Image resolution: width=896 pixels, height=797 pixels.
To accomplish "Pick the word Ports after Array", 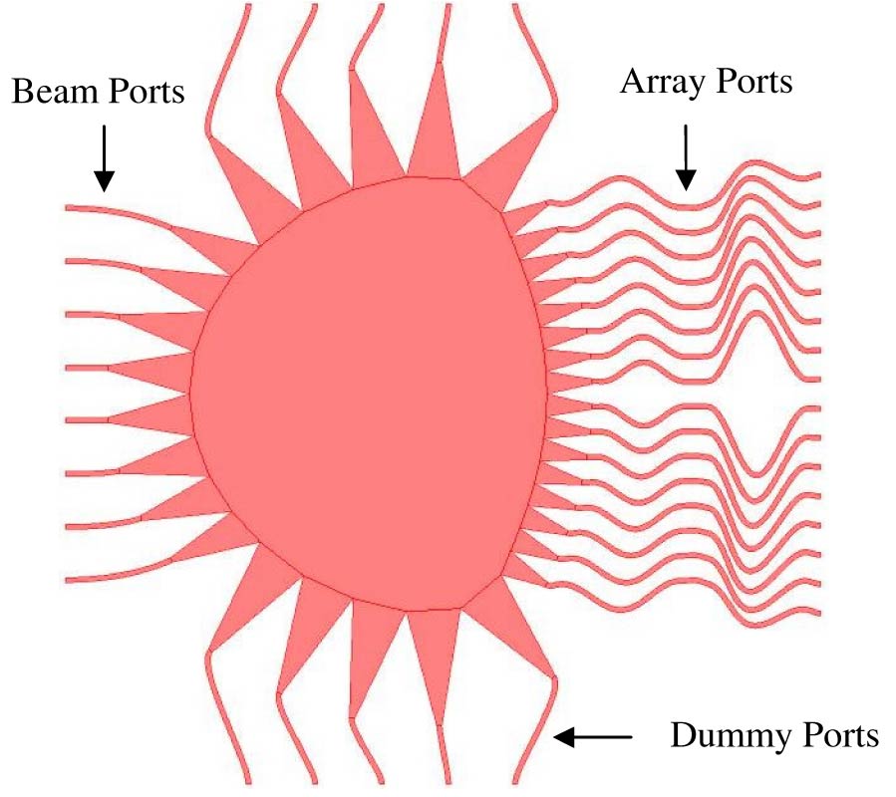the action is pos(753,82).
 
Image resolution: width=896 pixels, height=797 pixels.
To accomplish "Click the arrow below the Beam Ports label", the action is pos(104,158).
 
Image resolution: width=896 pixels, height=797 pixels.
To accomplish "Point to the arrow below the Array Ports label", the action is pos(686,156).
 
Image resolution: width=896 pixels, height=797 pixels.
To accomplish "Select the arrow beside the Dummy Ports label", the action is pos(593,737).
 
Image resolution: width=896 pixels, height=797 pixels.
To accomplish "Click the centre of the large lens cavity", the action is pos(369,395).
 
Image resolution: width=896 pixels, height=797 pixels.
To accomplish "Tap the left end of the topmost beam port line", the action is pos(67,208).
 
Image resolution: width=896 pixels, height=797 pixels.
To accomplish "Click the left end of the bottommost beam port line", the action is pos(67,581).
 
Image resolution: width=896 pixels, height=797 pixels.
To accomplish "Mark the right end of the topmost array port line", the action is pos(819,174).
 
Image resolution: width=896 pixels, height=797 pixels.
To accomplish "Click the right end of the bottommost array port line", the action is pos(819,613).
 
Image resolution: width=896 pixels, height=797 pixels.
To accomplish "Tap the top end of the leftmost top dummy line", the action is pos(248,6).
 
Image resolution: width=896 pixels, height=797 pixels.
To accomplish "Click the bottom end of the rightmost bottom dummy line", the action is pos(516,782).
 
